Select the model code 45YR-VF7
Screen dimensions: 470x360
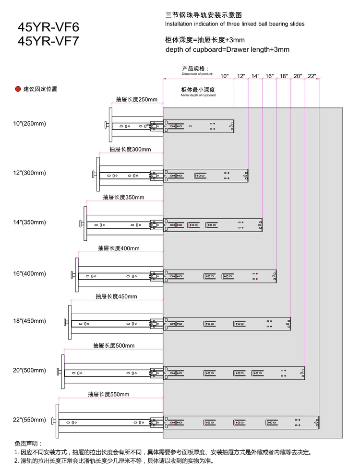pyautogui.click(x=48, y=41)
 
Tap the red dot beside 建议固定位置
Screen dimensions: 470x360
pyautogui.click(x=18, y=89)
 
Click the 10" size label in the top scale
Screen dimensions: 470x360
pyautogui.click(x=225, y=76)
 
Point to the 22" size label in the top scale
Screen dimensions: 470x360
pyautogui.click(x=312, y=76)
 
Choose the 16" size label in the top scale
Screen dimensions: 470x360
pyautogui.click(x=269, y=76)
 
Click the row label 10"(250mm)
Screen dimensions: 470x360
pyautogui.click(x=29, y=124)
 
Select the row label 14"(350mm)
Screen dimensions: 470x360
pyautogui.click(x=29, y=223)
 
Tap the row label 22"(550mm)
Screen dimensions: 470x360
pyautogui.click(x=29, y=420)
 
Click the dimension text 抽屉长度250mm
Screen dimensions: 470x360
pyautogui.click(x=136, y=100)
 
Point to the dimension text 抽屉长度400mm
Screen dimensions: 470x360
pyautogui.click(x=119, y=248)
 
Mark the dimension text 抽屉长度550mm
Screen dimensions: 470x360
pyautogui.click(x=108, y=395)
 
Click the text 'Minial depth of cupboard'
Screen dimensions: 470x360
pyautogui.click(x=198, y=96)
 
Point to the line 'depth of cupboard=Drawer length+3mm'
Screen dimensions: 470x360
pyautogui.click(x=227, y=49)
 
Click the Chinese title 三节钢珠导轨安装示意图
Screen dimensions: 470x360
pyautogui.click(x=200, y=15)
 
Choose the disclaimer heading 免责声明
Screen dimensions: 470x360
pyautogui.click(x=28, y=444)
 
